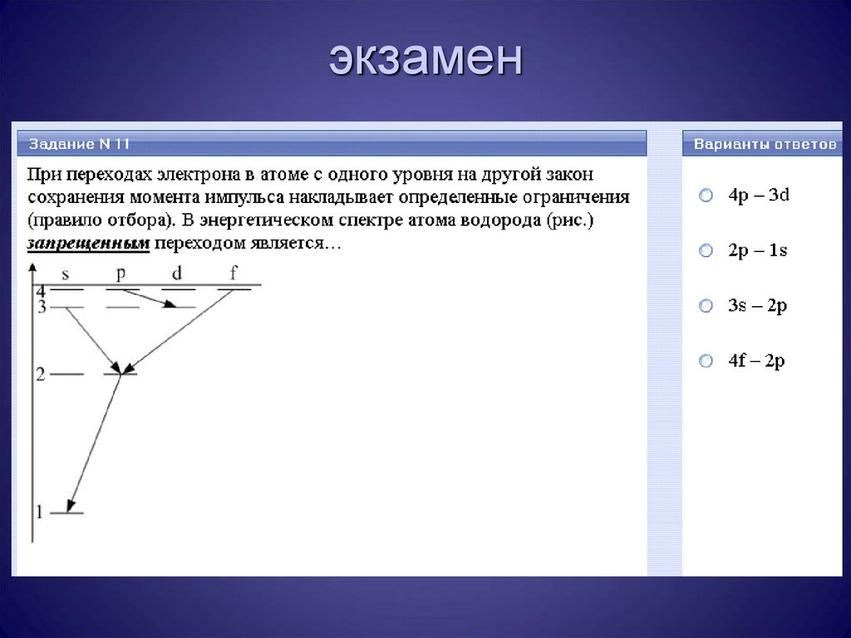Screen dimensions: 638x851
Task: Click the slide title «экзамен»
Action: click(425, 60)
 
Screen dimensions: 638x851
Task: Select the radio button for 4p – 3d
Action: click(706, 195)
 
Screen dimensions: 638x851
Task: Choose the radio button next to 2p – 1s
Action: click(706, 250)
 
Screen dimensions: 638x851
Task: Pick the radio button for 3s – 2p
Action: click(706, 306)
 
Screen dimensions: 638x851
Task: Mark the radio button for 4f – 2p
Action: click(706, 361)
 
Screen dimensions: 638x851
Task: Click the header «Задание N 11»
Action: click(80, 144)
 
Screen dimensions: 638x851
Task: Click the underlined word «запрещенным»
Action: click(88, 244)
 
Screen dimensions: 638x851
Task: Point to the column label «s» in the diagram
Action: click(66, 272)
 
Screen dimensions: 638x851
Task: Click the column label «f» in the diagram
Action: click(234, 272)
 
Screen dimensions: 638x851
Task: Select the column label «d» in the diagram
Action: click(177, 272)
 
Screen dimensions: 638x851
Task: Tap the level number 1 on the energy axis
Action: click(38, 511)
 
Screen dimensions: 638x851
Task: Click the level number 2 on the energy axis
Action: click(39, 374)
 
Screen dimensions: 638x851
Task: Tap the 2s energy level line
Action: click(66, 375)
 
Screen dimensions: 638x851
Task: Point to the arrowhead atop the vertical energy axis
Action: click(32, 268)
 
